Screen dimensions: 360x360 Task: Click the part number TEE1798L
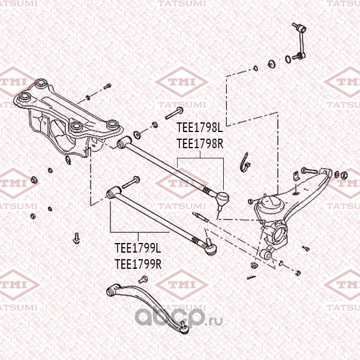200,127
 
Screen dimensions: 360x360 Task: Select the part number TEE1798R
200,144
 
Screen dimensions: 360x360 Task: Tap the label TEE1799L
138,248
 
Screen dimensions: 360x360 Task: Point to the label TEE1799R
138,264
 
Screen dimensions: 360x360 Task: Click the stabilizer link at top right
299,41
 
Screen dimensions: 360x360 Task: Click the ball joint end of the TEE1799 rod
211,247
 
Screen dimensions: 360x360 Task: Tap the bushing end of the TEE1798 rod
124,143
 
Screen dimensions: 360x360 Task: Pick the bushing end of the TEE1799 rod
113,193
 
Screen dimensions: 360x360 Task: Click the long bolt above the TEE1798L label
174,113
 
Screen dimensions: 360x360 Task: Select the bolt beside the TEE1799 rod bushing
130,182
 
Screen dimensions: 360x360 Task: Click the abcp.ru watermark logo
179,317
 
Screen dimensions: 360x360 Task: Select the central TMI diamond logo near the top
182,82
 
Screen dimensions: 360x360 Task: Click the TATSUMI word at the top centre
182,4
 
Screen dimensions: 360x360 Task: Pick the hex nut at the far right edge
344,176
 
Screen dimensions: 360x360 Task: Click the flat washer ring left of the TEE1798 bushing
137,134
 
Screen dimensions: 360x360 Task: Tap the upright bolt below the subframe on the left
76,238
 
